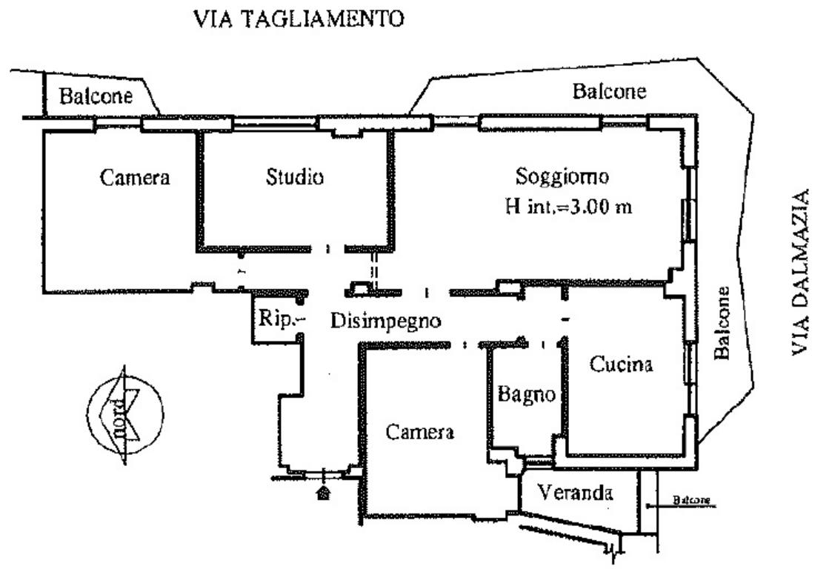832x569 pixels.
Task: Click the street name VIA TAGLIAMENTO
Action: [299, 19]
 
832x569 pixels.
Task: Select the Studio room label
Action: [294, 178]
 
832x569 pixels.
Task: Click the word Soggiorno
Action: [563, 178]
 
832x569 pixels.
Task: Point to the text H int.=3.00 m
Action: [568, 207]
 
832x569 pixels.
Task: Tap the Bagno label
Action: [526, 394]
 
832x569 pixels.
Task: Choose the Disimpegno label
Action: [385, 322]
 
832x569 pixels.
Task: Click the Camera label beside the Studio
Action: [135, 178]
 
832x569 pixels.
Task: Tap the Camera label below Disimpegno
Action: [419, 433]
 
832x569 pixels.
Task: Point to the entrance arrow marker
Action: [323, 492]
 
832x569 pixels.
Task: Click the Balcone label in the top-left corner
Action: [96, 96]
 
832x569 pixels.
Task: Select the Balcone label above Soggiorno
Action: [609, 92]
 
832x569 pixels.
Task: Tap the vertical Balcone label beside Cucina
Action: [722, 323]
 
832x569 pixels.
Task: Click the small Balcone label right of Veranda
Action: [692, 500]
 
